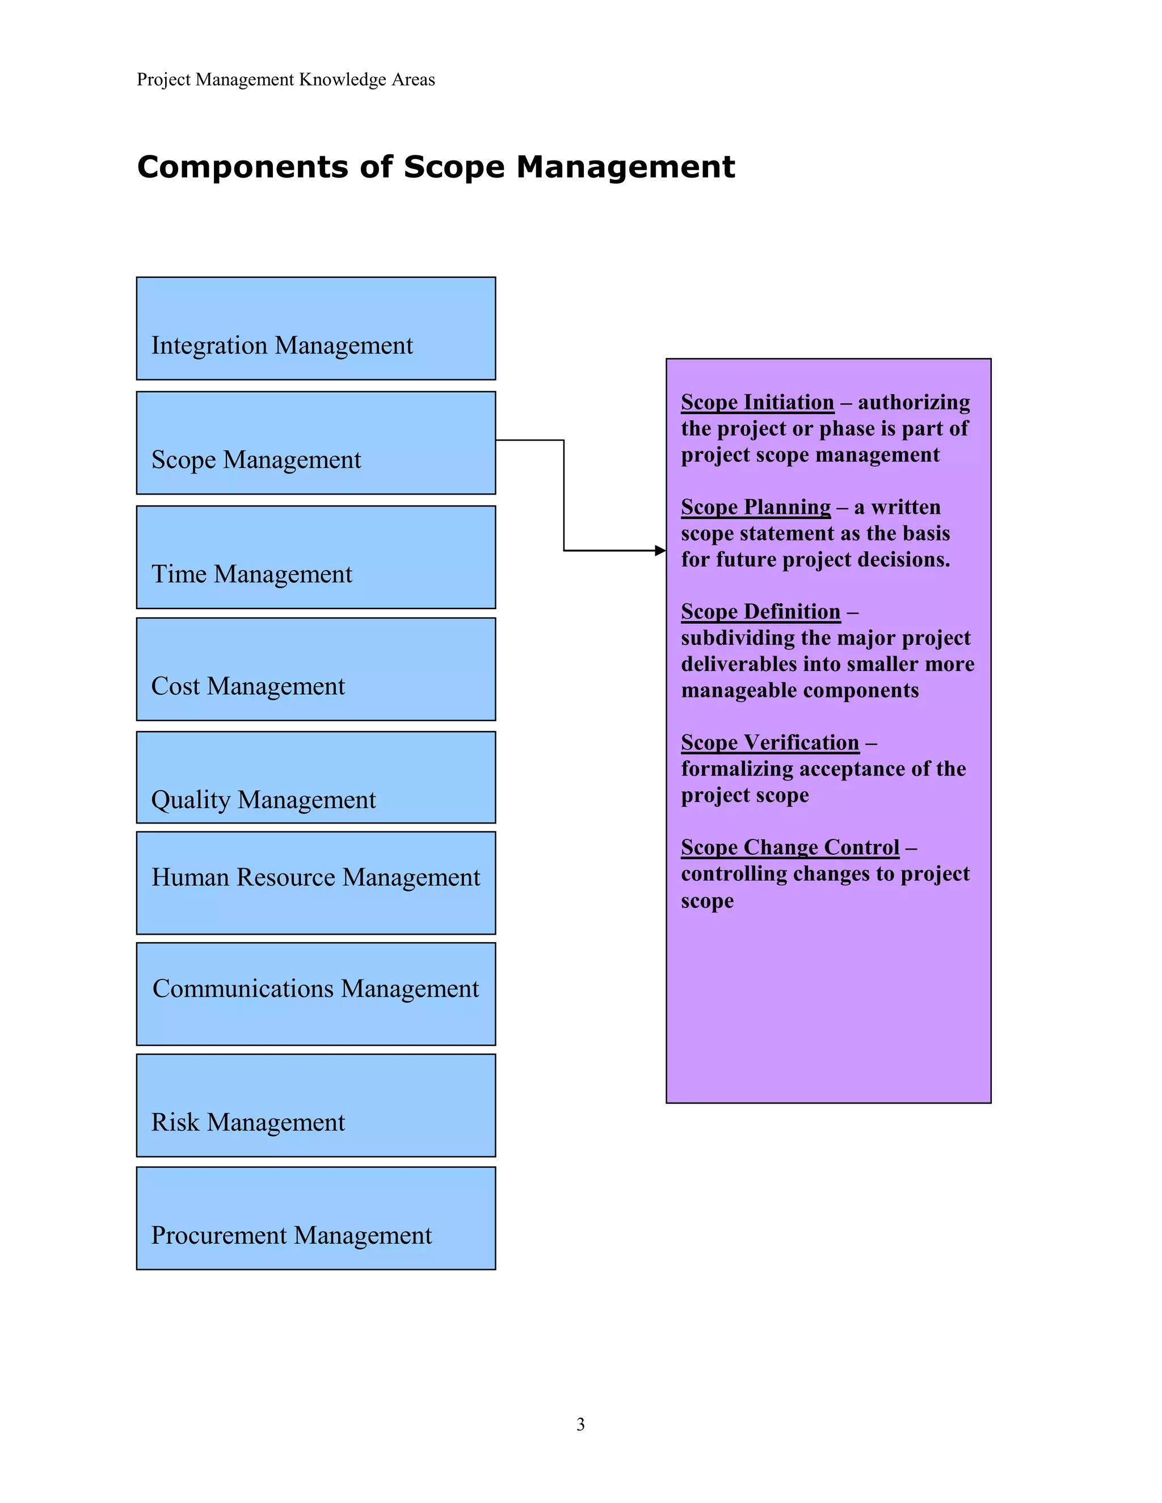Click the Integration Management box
[x=316, y=328]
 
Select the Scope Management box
[x=316, y=442]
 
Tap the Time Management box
[x=316, y=557]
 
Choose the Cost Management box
[x=316, y=669]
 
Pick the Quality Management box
[x=316, y=777]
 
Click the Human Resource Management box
[x=316, y=883]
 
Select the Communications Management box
[x=316, y=994]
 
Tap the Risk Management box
[x=316, y=1105]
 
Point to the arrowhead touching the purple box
[x=660, y=551]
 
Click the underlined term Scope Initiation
[x=757, y=402]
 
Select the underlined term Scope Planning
[x=756, y=507]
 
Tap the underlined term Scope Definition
[x=761, y=612]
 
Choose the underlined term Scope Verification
[x=769, y=742]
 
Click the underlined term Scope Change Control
[x=790, y=847]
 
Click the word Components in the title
[x=242, y=167]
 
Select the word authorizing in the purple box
[x=913, y=402]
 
